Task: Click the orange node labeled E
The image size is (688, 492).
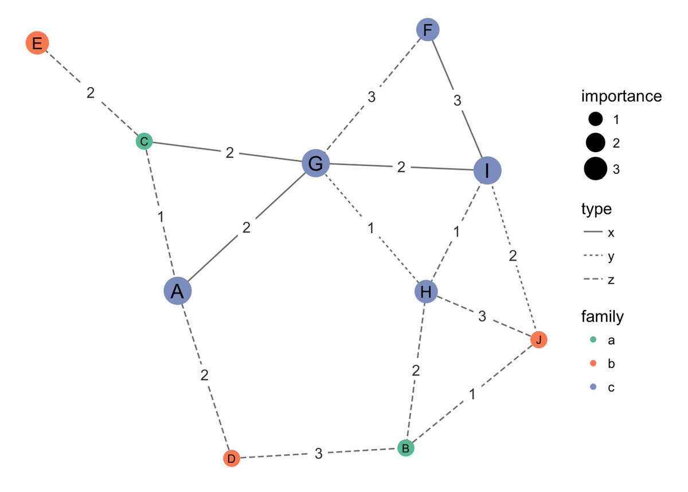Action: pyautogui.click(x=37, y=43)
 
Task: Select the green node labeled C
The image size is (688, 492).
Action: pyautogui.click(x=144, y=141)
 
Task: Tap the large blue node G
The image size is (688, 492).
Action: pyautogui.click(x=315, y=164)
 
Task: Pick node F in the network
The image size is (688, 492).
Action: pyautogui.click(x=427, y=30)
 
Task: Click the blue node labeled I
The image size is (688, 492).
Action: pyautogui.click(x=487, y=170)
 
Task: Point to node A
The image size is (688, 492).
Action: pyautogui.click(x=178, y=291)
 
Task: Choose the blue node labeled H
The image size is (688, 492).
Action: pyautogui.click(x=426, y=292)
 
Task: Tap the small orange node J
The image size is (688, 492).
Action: pyautogui.click(x=538, y=340)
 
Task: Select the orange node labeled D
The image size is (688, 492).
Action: pyautogui.click(x=231, y=459)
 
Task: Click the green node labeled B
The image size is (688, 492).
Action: pyautogui.click(x=406, y=448)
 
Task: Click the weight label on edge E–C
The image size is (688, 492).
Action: pyautogui.click(x=91, y=92)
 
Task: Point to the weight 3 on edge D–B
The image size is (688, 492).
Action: pyautogui.click(x=319, y=454)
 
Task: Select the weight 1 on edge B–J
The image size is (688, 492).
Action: pyautogui.click(x=472, y=394)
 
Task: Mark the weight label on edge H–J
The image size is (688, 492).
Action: pyautogui.click(x=482, y=316)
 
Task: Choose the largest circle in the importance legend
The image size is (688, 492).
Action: pyautogui.click(x=595, y=169)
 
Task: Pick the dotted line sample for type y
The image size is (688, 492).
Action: pyautogui.click(x=595, y=256)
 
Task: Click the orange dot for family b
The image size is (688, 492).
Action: pyautogui.click(x=593, y=364)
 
